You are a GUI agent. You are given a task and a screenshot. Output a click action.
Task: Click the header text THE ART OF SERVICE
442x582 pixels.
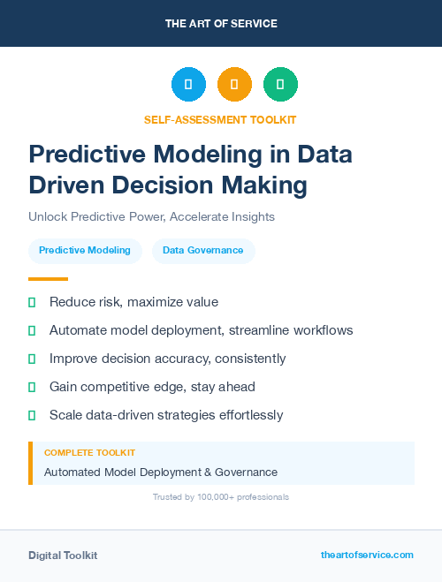coord(221,24)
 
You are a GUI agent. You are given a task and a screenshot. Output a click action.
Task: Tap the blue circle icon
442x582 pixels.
coord(188,84)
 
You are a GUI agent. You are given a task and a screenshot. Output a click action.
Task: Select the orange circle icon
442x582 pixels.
coord(234,84)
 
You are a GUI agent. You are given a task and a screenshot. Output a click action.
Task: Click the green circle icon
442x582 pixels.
coord(280,84)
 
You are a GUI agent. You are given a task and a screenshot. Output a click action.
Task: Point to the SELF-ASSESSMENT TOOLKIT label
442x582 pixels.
coord(221,119)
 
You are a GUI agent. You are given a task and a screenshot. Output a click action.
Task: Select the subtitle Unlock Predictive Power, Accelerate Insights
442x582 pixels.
coord(151,216)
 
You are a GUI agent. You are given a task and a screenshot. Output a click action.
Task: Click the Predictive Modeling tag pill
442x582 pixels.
coord(85,251)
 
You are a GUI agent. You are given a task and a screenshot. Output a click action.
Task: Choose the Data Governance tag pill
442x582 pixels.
coord(203,251)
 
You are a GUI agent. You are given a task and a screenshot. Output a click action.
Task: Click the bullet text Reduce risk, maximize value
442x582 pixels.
coord(133,302)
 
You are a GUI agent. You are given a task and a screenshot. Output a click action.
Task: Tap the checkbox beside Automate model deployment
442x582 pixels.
coord(32,330)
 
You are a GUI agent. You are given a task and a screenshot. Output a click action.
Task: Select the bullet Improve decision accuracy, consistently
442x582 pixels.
coord(167,359)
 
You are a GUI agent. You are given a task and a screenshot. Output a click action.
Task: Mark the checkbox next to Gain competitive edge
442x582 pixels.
coord(32,387)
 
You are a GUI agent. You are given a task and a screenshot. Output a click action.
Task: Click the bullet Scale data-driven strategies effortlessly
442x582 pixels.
coord(166,414)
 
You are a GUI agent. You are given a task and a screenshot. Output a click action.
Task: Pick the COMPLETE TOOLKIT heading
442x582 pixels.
coord(89,452)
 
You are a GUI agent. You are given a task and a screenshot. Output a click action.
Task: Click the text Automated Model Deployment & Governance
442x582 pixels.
coord(161,472)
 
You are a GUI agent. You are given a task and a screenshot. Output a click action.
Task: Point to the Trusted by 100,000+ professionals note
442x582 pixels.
coord(221,497)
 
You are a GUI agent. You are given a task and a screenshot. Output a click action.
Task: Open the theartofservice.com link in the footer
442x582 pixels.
coord(367,555)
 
